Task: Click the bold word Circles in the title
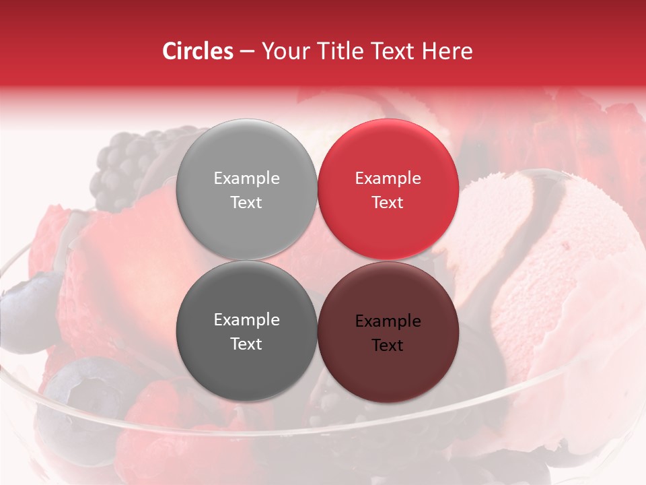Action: (198, 51)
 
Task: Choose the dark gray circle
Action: (246, 364)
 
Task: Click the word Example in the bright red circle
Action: (388, 179)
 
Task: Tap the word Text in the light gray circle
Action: (246, 203)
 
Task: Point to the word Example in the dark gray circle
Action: (246, 320)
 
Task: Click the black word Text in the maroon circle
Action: (388, 346)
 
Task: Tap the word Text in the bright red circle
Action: (388, 203)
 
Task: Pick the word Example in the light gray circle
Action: (246, 179)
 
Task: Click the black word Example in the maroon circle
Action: (388, 321)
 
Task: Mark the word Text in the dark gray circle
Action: (246, 344)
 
